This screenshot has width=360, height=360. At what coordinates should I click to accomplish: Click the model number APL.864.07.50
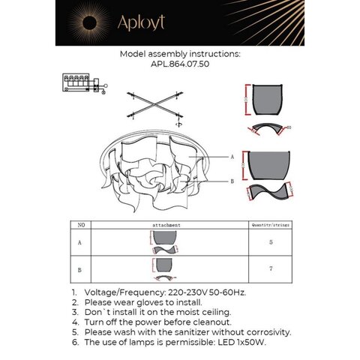[x=179, y=65]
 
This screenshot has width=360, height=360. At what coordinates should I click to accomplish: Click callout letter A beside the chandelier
[x=232, y=157]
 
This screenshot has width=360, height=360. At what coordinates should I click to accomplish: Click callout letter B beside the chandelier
[x=232, y=181]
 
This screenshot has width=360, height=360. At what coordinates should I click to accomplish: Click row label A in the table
[x=80, y=243]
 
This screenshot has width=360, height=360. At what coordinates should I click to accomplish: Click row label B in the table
[x=80, y=268]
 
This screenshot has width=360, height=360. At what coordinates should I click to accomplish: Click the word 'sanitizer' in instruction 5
[x=187, y=330]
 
